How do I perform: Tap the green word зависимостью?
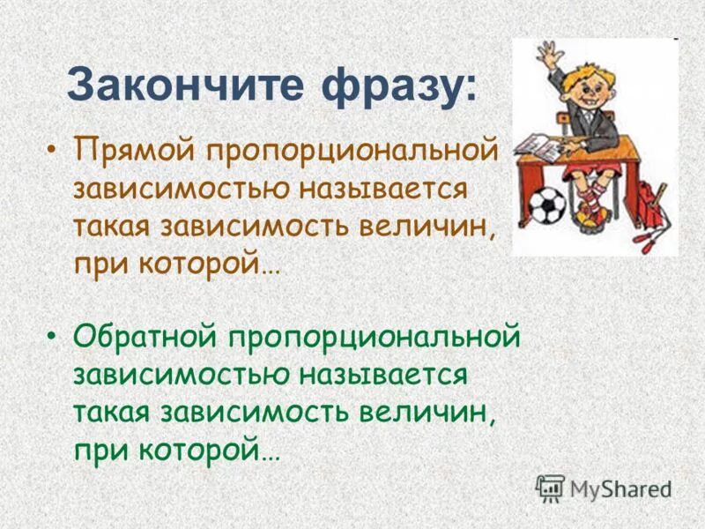coord(182,376)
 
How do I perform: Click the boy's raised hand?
coord(550,53)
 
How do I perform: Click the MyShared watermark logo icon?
coord(551,487)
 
